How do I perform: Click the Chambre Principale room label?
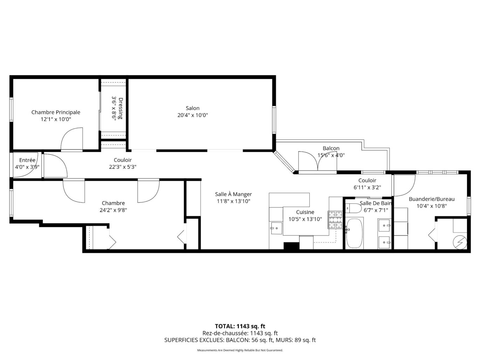(x=56, y=112)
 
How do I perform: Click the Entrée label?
(x=27, y=160)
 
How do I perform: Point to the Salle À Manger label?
(x=233, y=194)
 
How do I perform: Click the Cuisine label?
(x=305, y=212)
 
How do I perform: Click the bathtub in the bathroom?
(x=354, y=233)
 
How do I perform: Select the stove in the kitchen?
(x=335, y=220)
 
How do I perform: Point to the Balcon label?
(x=331, y=148)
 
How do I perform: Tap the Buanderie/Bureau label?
(x=431, y=199)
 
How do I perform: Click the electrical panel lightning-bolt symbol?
(x=459, y=242)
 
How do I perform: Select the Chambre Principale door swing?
(x=72, y=139)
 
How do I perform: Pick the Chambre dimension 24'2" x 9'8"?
(x=113, y=210)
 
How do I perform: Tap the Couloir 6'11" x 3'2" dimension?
(x=367, y=187)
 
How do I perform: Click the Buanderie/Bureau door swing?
(x=404, y=185)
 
